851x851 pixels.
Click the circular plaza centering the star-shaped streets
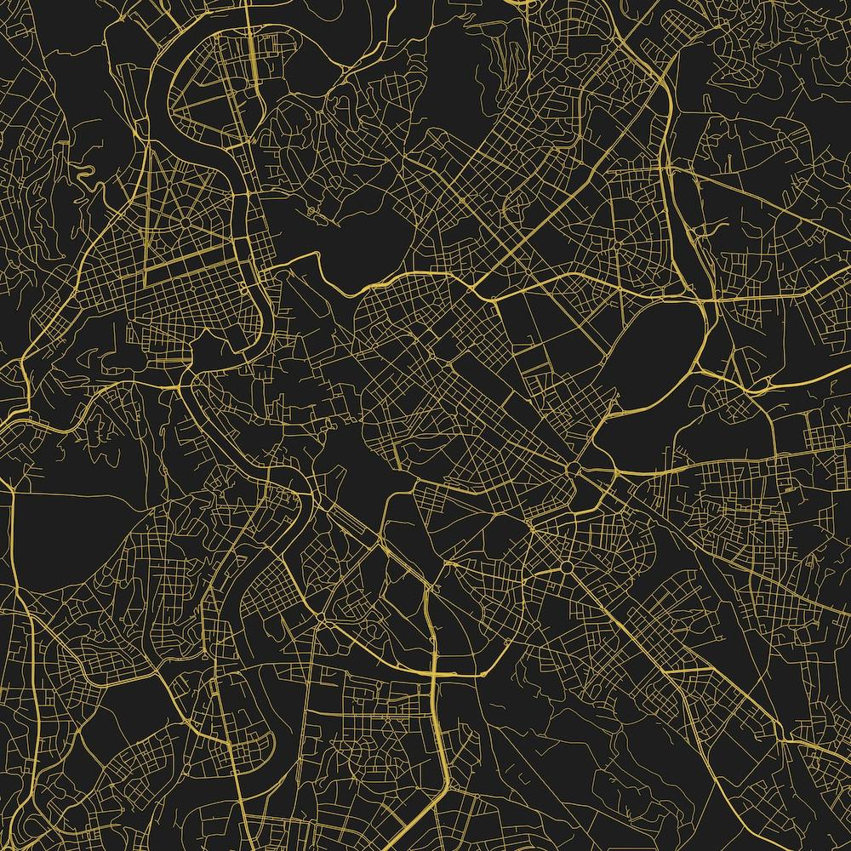coord(184,223)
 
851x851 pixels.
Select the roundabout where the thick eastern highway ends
coord(574,471)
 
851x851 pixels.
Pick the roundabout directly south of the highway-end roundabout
coord(565,568)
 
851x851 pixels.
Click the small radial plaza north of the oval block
coord(615,244)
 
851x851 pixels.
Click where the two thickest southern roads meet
coord(435,672)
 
